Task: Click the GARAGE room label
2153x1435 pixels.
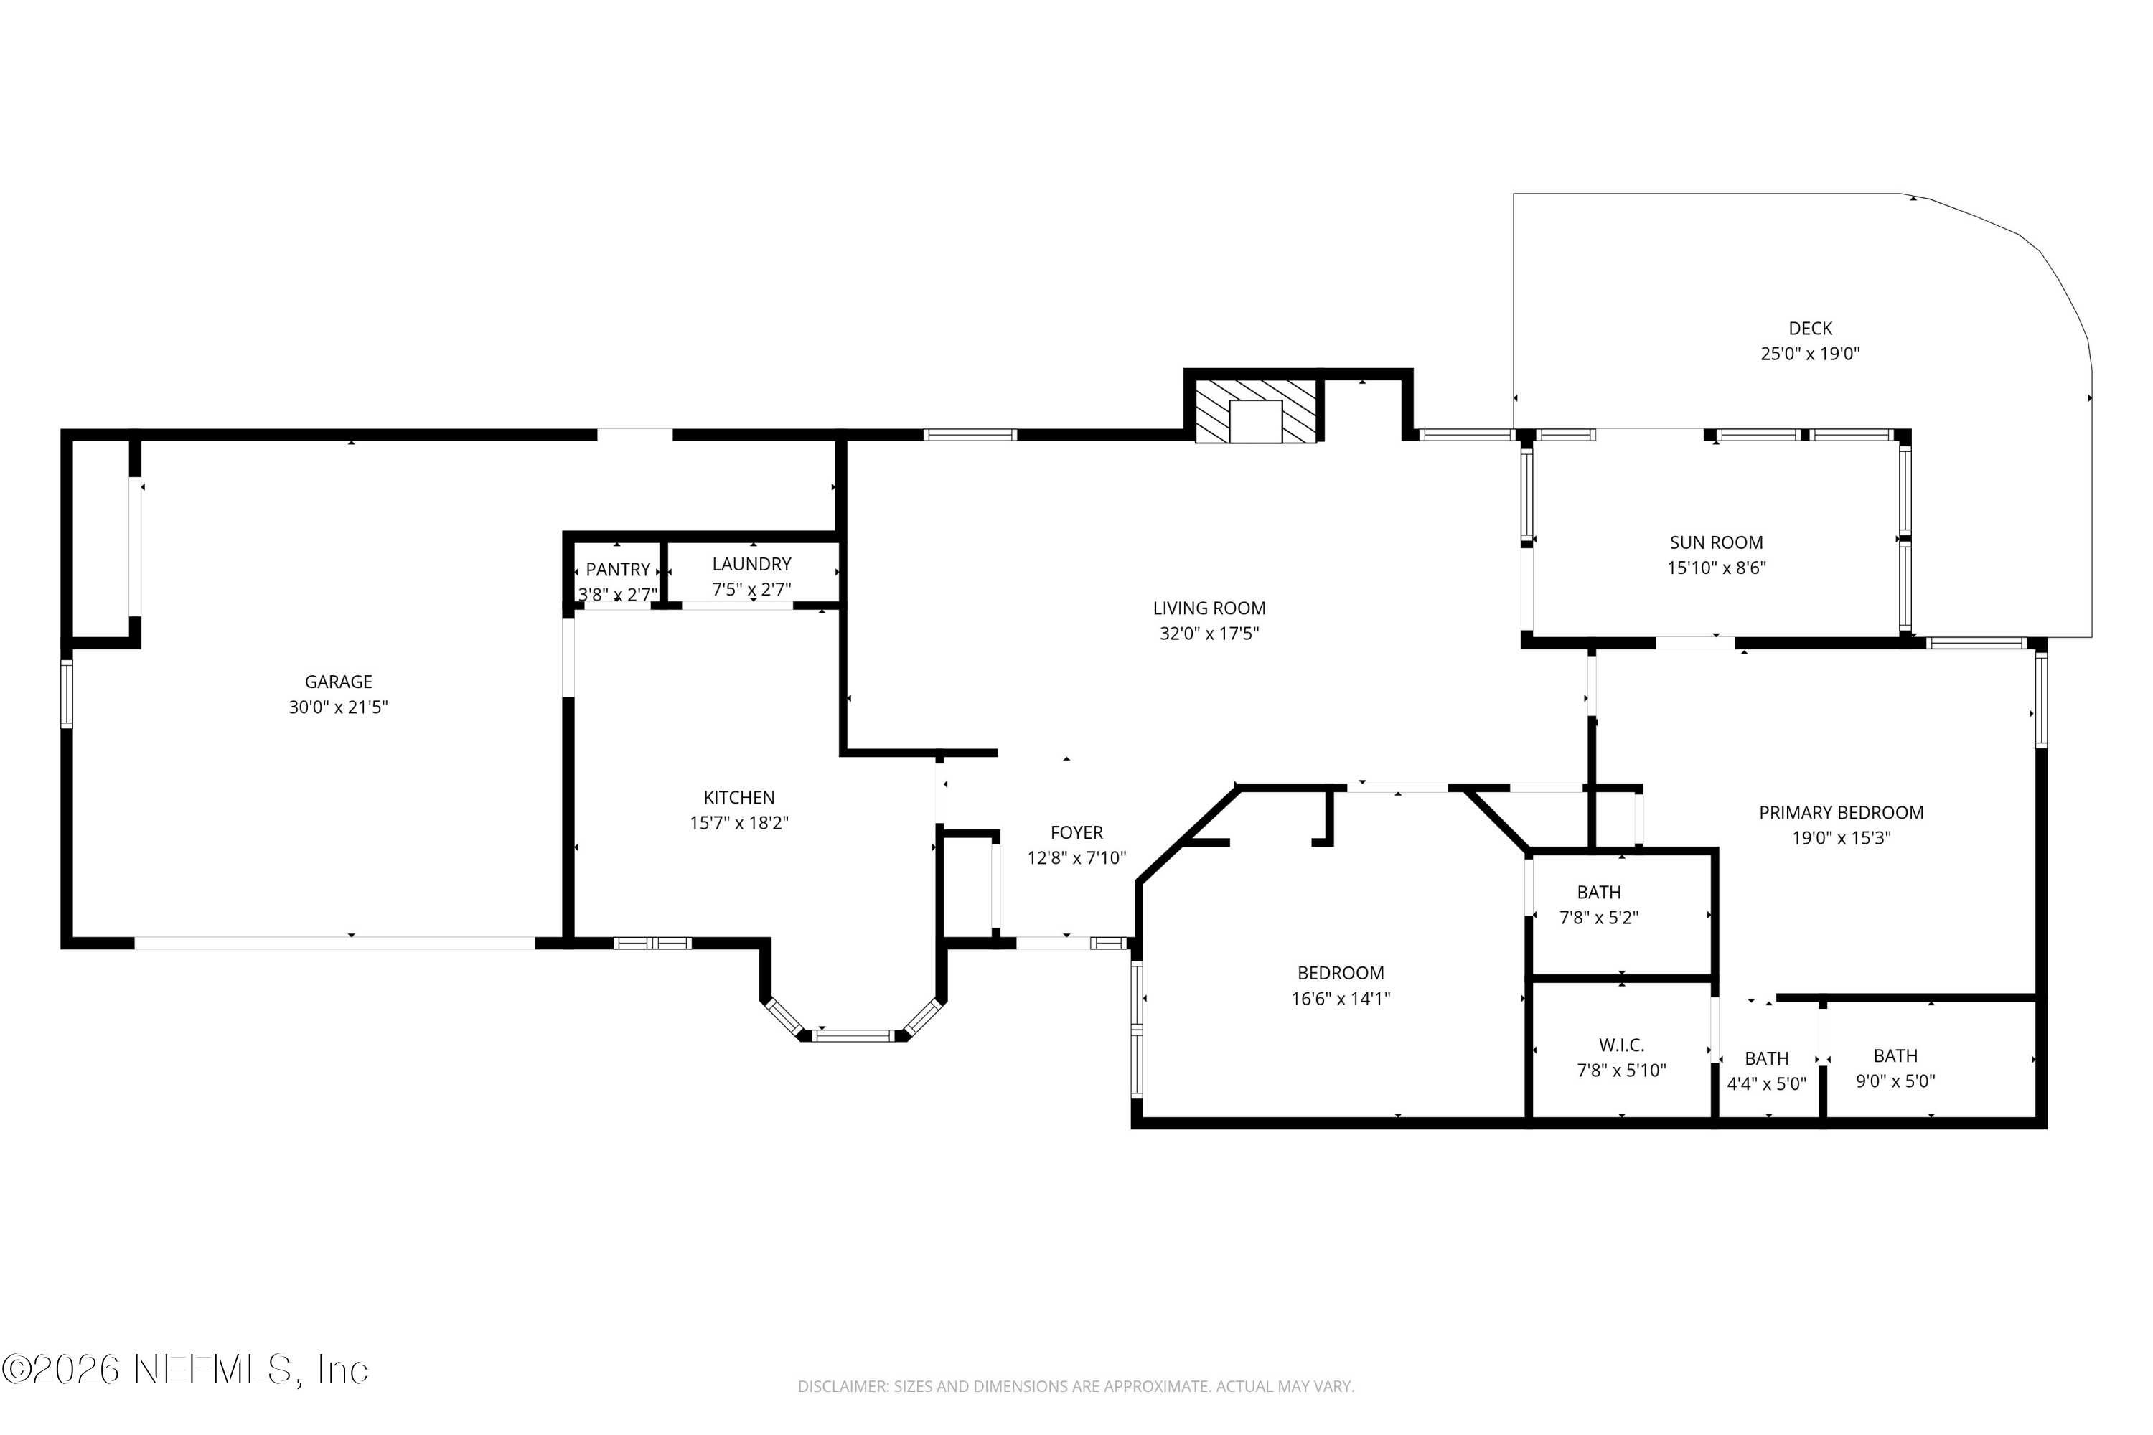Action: (x=339, y=682)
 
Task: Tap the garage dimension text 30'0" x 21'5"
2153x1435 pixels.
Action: (x=339, y=707)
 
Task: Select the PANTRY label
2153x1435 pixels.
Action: (x=618, y=569)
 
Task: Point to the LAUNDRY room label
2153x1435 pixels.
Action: (x=751, y=564)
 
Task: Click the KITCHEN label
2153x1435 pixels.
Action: (x=738, y=797)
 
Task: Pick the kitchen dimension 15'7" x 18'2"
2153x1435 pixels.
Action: (x=738, y=823)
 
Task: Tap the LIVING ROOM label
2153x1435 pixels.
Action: (x=1209, y=608)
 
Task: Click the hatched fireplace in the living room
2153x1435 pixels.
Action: (x=1256, y=412)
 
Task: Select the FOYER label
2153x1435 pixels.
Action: (x=1076, y=833)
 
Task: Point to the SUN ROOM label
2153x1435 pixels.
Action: (x=1717, y=542)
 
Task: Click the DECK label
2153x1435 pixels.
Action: (x=1811, y=328)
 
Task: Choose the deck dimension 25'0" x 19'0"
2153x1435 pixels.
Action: (x=1811, y=353)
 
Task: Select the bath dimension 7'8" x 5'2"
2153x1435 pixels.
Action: (x=1598, y=918)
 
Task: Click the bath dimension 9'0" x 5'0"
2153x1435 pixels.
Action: (x=1895, y=1081)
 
